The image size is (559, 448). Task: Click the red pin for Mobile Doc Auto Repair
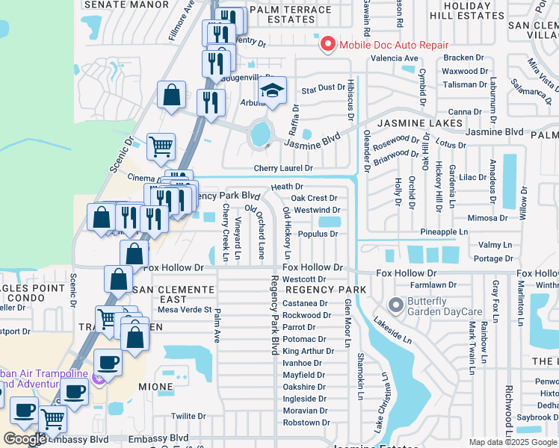327,45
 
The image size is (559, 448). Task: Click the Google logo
25,439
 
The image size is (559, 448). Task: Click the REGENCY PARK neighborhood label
325,290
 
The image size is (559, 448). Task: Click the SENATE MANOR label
126,4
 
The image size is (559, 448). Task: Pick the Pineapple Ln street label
444,232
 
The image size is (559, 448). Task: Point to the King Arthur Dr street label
308,351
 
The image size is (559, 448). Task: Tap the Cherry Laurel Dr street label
282,169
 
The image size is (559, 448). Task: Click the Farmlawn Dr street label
433,284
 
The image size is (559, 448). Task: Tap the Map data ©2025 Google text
513,442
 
